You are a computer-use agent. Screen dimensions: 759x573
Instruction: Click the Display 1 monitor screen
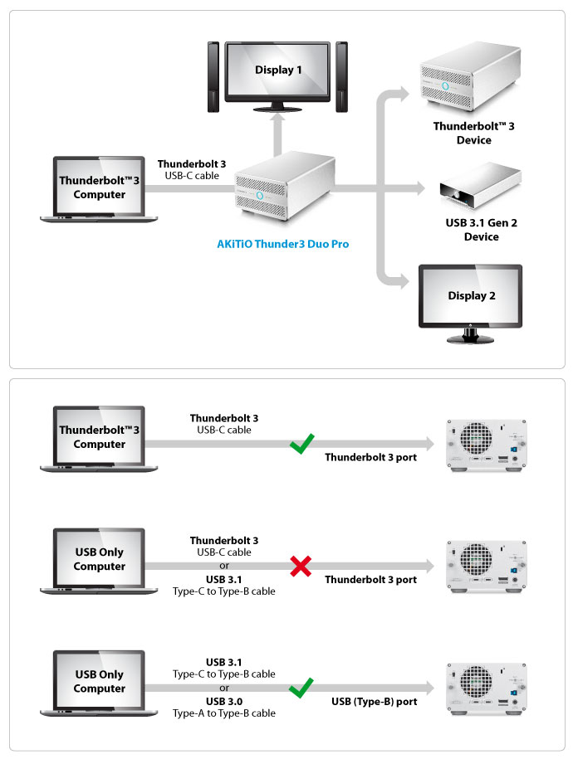(x=278, y=71)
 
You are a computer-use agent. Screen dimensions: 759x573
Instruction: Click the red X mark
(x=300, y=567)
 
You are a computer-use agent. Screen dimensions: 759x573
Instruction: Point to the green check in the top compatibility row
(x=300, y=445)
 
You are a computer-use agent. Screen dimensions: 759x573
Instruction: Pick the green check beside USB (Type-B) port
(x=300, y=689)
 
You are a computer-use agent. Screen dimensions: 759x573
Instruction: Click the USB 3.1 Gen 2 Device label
(x=481, y=230)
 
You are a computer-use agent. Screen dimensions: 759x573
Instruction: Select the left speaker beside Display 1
(x=213, y=76)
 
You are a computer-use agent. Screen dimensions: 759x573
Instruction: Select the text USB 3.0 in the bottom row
(x=223, y=701)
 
